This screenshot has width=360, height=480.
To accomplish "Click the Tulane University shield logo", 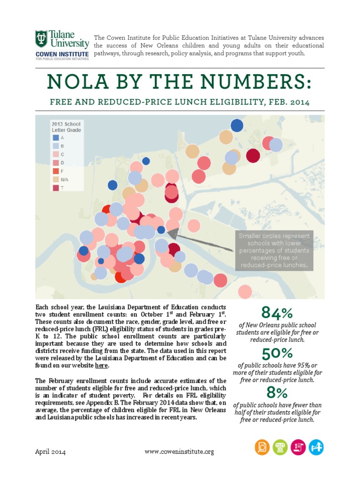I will pyautogui.click(x=42, y=39).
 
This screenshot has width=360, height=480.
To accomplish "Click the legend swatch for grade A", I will pyautogui.click(x=56, y=137).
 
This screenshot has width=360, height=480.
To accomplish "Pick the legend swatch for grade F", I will pyautogui.click(x=56, y=171).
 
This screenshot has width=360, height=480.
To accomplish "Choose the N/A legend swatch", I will pyautogui.click(x=56, y=180).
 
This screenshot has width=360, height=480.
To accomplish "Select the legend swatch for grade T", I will pyautogui.click(x=56, y=188).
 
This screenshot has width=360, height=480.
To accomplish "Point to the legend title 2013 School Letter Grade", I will pyautogui.click(x=66, y=126).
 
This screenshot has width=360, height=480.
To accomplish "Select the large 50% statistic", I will pyautogui.click(x=277, y=353).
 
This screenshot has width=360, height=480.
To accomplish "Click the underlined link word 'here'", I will pyautogui.click(x=101, y=365).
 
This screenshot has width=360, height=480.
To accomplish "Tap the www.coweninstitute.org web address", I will pyautogui.click(x=180, y=451).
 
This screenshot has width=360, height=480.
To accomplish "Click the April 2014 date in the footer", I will pyautogui.click(x=51, y=451).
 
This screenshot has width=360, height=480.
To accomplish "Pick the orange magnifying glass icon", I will pyautogui.click(x=262, y=448).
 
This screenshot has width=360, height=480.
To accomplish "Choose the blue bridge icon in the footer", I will pyautogui.click(x=316, y=448).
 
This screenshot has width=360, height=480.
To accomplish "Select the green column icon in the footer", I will pyautogui.click(x=280, y=448).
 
